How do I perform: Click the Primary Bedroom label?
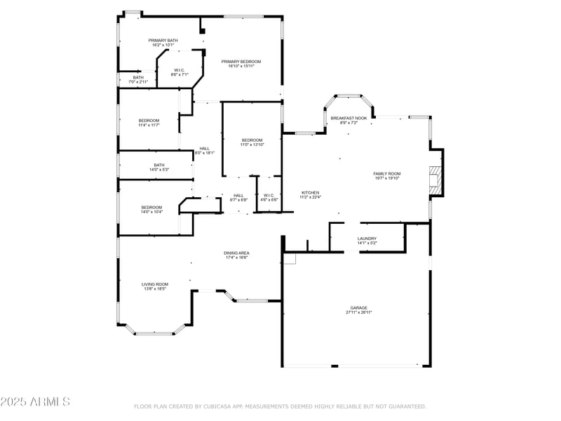coord(241,62)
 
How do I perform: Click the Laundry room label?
coord(367,239)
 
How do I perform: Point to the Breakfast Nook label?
coord(349,119)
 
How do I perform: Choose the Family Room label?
coord(386,173)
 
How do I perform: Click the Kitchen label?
coord(311,192)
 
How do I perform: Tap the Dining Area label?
coord(238,253)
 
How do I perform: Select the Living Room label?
coord(154,284)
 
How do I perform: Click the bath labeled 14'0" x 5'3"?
coord(159,166)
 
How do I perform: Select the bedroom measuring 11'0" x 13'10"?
coord(252,140)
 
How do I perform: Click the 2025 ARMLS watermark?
coord(35,401)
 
